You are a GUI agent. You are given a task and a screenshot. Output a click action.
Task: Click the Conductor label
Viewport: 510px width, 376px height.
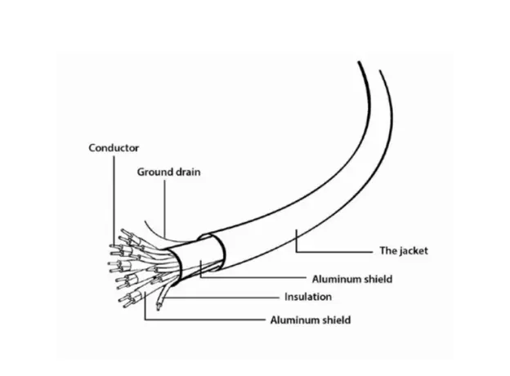click(114, 148)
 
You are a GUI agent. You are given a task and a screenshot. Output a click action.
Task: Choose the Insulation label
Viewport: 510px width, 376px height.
click(308, 297)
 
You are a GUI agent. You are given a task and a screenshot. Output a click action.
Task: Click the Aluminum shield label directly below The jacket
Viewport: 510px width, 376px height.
click(352, 279)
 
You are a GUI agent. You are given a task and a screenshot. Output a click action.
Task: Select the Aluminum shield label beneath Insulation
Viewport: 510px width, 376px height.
click(311, 320)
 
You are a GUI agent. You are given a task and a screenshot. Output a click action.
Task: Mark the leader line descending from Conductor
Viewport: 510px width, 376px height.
click(114, 201)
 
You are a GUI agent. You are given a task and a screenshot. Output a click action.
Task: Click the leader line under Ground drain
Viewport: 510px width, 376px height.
click(164, 208)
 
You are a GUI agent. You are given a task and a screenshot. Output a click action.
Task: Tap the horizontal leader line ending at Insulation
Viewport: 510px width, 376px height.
click(222, 298)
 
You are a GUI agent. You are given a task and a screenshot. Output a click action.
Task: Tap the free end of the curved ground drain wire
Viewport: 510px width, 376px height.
click(145, 221)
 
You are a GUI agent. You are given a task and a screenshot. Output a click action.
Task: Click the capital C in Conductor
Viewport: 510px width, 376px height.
click(92, 148)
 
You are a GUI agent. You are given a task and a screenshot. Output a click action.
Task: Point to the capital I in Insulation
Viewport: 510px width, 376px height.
click(286, 297)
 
